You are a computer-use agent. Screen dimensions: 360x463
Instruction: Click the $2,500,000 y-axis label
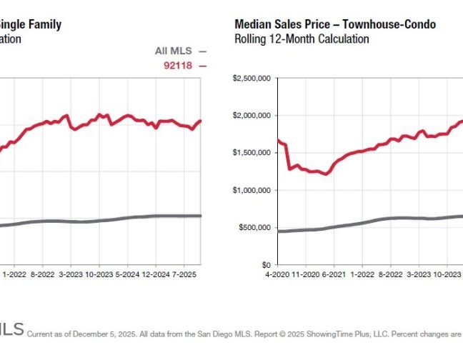252,79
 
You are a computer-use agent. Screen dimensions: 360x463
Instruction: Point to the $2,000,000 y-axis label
252,116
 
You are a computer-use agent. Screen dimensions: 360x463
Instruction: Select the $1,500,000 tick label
252,153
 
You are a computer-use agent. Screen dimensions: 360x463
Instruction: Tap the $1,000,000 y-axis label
252,190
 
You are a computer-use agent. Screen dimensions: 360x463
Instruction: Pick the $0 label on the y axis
265,265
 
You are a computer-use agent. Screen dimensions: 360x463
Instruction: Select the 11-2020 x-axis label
308,274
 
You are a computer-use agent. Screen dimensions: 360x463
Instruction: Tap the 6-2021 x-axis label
336,274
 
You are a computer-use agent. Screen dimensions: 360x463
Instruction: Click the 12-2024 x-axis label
155,274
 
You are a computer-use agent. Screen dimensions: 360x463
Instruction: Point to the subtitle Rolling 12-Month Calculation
302,39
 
